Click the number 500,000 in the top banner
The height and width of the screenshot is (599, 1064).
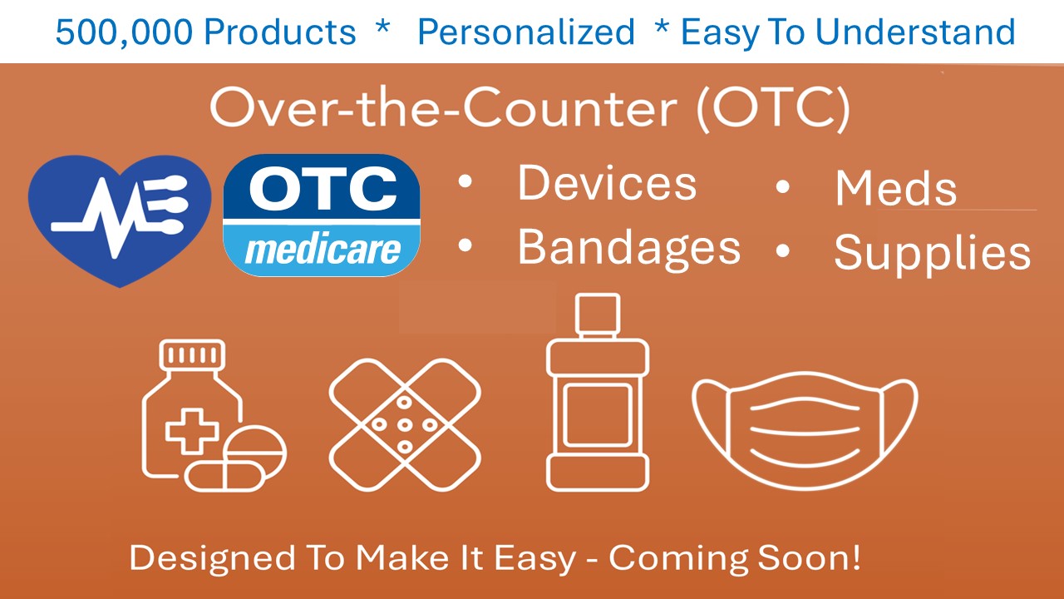(x=125, y=32)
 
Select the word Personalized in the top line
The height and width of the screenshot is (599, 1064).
(x=526, y=32)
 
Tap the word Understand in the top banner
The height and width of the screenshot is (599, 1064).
(x=915, y=32)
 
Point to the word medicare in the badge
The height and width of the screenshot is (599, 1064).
(x=323, y=250)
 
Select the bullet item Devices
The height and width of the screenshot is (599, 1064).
(x=607, y=183)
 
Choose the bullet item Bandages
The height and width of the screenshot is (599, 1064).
(x=629, y=249)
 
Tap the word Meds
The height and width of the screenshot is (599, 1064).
(x=896, y=189)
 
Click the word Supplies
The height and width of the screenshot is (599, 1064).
(x=933, y=254)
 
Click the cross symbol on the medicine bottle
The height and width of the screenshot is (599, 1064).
(x=192, y=430)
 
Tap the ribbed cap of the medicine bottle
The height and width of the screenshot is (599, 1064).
(x=192, y=354)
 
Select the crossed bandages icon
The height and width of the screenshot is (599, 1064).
(x=405, y=424)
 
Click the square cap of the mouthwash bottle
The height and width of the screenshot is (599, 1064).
(x=598, y=314)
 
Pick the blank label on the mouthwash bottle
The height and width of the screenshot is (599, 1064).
(x=598, y=415)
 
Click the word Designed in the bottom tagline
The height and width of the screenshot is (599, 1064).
(x=212, y=558)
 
